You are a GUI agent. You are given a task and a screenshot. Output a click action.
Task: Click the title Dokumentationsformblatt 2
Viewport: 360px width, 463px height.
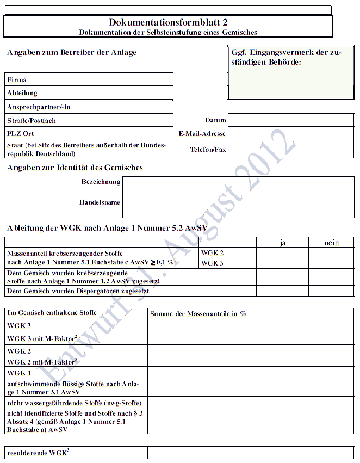click(168, 22)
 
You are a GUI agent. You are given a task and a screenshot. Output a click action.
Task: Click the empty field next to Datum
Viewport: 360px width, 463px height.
click(290, 120)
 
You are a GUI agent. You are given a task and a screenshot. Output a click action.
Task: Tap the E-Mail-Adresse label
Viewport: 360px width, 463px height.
click(202, 134)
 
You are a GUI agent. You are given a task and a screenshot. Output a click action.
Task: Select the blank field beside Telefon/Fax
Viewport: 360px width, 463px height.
click(290, 149)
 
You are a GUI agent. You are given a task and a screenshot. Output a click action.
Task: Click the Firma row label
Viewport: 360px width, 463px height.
click(17, 80)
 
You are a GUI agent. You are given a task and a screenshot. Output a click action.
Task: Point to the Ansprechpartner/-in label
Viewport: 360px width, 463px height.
click(39, 107)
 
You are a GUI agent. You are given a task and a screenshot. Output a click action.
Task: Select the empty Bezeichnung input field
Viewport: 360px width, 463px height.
click(238, 187)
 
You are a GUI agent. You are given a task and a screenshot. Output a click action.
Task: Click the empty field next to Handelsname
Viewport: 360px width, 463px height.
click(238, 207)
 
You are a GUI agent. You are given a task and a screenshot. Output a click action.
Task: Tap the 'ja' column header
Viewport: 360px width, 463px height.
click(282, 243)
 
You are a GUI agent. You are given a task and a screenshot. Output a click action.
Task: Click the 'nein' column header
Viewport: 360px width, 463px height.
click(331, 243)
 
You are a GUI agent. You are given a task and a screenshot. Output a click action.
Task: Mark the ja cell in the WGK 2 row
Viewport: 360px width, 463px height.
click(282, 253)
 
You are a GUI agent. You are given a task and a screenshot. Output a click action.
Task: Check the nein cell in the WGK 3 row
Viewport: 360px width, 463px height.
click(331, 263)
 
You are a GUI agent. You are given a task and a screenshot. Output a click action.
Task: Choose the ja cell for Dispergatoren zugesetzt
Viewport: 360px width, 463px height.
click(282, 291)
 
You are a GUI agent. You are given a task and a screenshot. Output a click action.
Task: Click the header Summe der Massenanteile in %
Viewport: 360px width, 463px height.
click(198, 314)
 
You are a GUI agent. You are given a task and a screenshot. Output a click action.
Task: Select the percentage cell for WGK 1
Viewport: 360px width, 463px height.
click(250, 373)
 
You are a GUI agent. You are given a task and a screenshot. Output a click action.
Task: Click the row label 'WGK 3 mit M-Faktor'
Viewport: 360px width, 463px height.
click(41, 339)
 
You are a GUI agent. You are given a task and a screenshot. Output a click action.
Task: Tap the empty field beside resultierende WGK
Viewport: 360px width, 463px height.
click(250, 453)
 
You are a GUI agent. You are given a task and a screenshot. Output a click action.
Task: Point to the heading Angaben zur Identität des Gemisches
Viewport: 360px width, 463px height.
click(75, 168)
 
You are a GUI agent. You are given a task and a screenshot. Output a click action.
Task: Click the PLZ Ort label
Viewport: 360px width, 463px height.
click(21, 134)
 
